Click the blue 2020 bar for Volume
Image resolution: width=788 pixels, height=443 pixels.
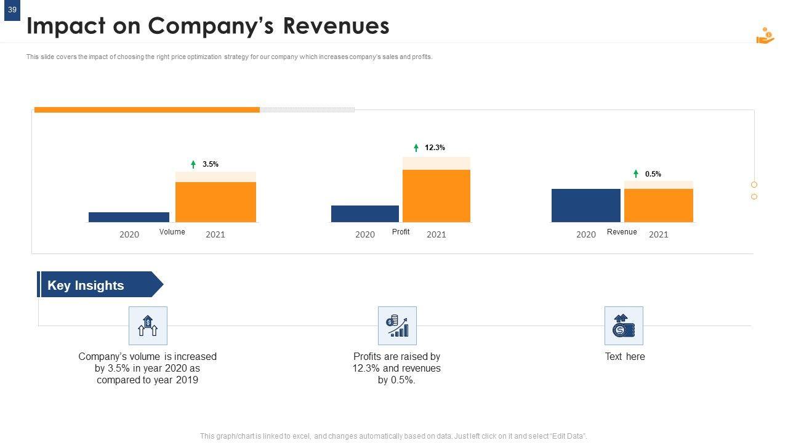coord(129,217)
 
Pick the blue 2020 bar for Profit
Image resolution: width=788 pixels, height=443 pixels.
coord(365,214)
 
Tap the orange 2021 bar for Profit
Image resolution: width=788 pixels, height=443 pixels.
coord(436,196)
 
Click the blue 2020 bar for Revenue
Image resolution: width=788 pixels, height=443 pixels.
coord(585,206)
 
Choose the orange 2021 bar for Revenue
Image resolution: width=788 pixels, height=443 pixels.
coord(659,206)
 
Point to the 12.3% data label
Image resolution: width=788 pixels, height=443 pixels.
coord(435,148)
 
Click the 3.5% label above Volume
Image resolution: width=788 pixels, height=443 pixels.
coord(211,164)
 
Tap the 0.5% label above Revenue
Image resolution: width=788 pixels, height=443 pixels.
coord(653,174)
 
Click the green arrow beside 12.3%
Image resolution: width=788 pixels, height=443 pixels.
coord(416,148)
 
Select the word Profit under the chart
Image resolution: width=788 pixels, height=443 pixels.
coord(401,232)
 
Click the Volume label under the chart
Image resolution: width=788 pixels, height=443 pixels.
coord(172,232)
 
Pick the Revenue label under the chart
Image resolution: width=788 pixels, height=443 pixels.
coord(622,232)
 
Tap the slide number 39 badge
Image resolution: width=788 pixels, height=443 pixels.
coord(12,10)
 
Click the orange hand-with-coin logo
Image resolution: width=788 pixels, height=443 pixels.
coord(765,36)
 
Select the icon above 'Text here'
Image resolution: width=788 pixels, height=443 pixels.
coord(624,325)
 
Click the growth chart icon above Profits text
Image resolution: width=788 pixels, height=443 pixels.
coord(397,325)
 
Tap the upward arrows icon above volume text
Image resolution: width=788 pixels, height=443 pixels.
coord(148,325)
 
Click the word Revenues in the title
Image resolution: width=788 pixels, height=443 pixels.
coord(336,26)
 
